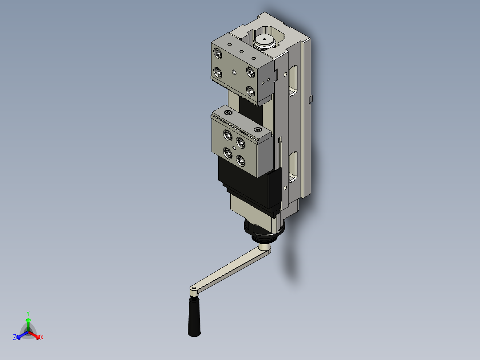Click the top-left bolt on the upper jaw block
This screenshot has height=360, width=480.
[x=218, y=53]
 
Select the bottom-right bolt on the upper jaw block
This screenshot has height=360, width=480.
[x=251, y=91]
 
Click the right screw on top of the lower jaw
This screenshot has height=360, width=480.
[x=258, y=130]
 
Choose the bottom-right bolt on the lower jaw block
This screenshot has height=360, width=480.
[x=241, y=161]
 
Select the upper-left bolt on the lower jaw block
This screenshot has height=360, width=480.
[x=228, y=135]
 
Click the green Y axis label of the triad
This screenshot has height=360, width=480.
[x=28, y=313]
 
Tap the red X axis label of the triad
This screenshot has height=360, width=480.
[x=41, y=338]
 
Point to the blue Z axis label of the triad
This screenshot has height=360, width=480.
[x=15, y=338]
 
